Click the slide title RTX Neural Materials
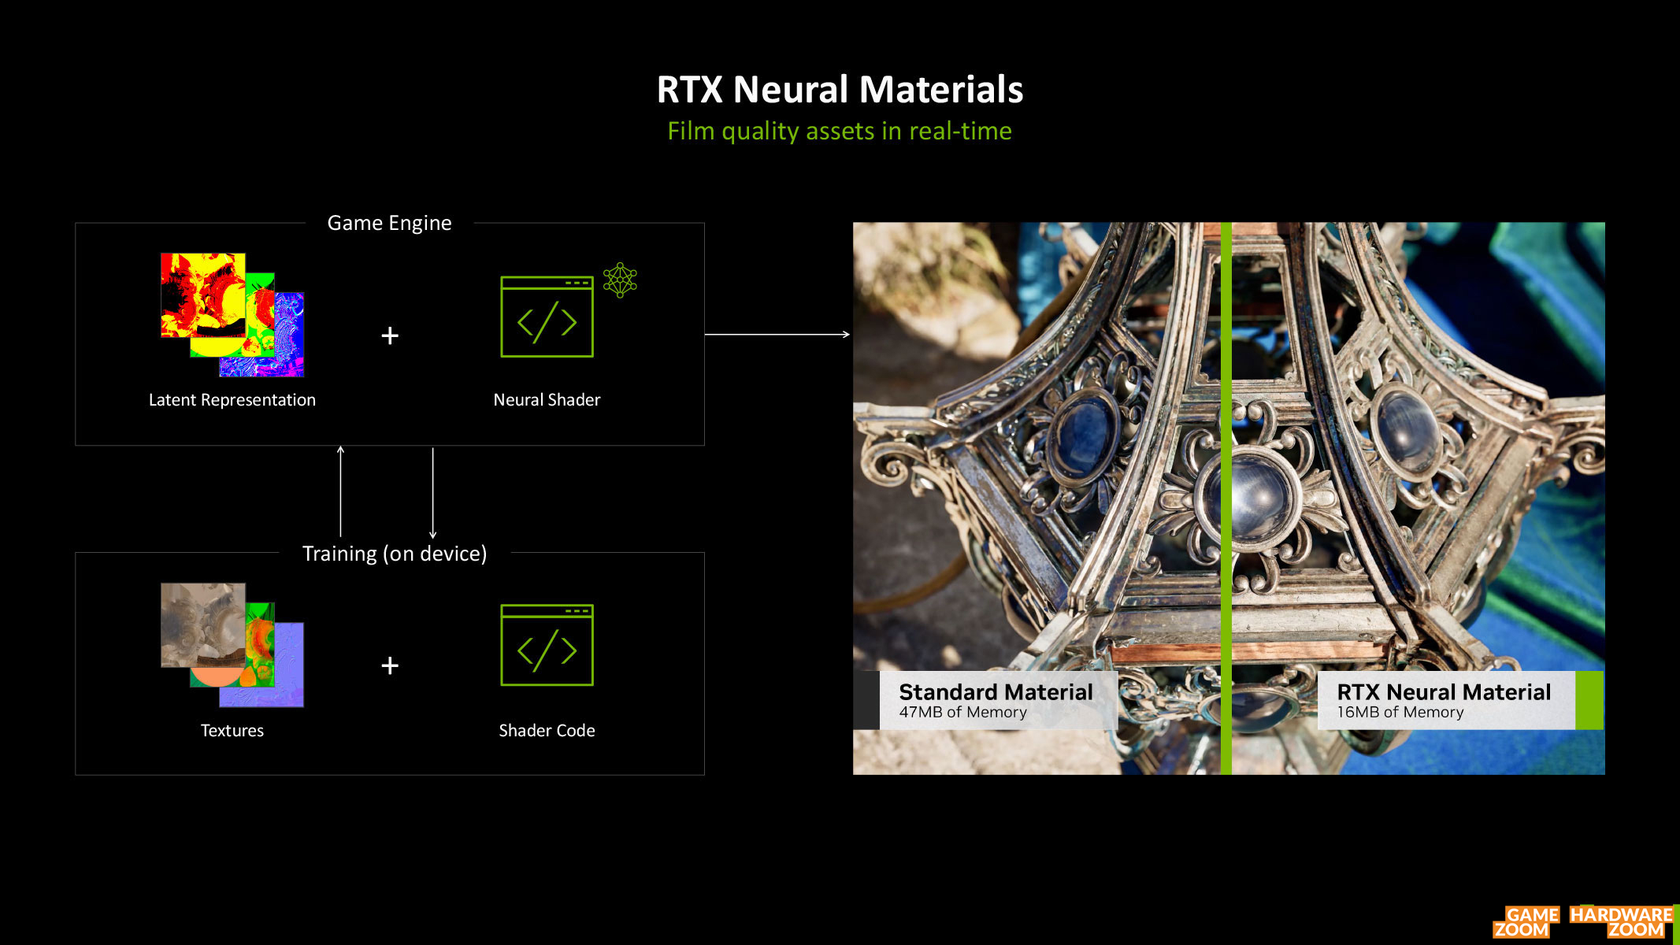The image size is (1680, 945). tap(840, 89)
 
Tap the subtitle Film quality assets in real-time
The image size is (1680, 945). tap(840, 131)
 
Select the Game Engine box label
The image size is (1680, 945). tap(389, 223)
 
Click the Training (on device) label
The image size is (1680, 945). tap(395, 554)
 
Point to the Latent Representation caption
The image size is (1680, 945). tap(232, 400)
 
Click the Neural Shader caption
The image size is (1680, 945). tap(547, 400)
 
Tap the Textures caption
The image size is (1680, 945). tap(232, 730)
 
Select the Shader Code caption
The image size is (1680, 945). tap(547, 730)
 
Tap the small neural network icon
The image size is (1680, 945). tap(620, 280)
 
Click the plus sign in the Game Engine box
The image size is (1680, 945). tap(390, 335)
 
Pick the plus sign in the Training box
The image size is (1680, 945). tap(390, 665)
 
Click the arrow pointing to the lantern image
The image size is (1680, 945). tap(777, 335)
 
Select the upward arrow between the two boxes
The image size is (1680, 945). tap(340, 491)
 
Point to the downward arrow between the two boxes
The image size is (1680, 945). tap(432, 493)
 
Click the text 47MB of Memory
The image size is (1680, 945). tap(963, 712)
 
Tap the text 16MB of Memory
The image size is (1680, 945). tap(1400, 712)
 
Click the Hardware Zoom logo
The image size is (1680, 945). tap(1622, 922)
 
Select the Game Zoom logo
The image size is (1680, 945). tap(1526, 922)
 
